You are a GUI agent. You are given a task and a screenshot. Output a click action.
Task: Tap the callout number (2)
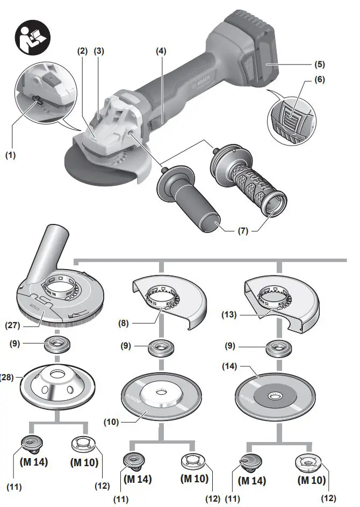point(82,52)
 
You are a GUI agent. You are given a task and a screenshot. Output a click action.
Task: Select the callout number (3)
point(99,52)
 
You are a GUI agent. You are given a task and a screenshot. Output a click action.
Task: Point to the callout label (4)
point(161,52)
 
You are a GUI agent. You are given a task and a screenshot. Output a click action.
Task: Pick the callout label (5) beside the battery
point(321,64)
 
